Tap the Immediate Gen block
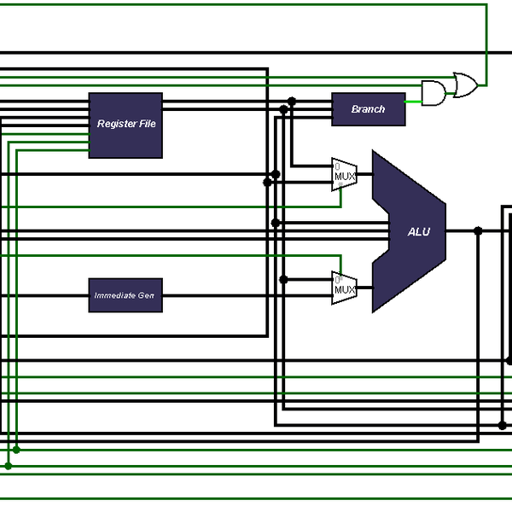pos(125,295)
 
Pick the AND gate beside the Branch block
pos(433,93)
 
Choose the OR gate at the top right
pos(465,84)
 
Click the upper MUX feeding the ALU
pos(343,174)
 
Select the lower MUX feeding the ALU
pos(343,288)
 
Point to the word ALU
pos(419,232)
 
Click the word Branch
pos(368,109)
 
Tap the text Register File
pos(126,124)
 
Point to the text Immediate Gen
pos(125,295)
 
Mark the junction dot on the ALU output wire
pos(478,230)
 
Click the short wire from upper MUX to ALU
pos(364,174)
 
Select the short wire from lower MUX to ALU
pos(364,288)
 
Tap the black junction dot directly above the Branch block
pos(292,101)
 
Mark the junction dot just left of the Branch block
pos(283,109)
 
